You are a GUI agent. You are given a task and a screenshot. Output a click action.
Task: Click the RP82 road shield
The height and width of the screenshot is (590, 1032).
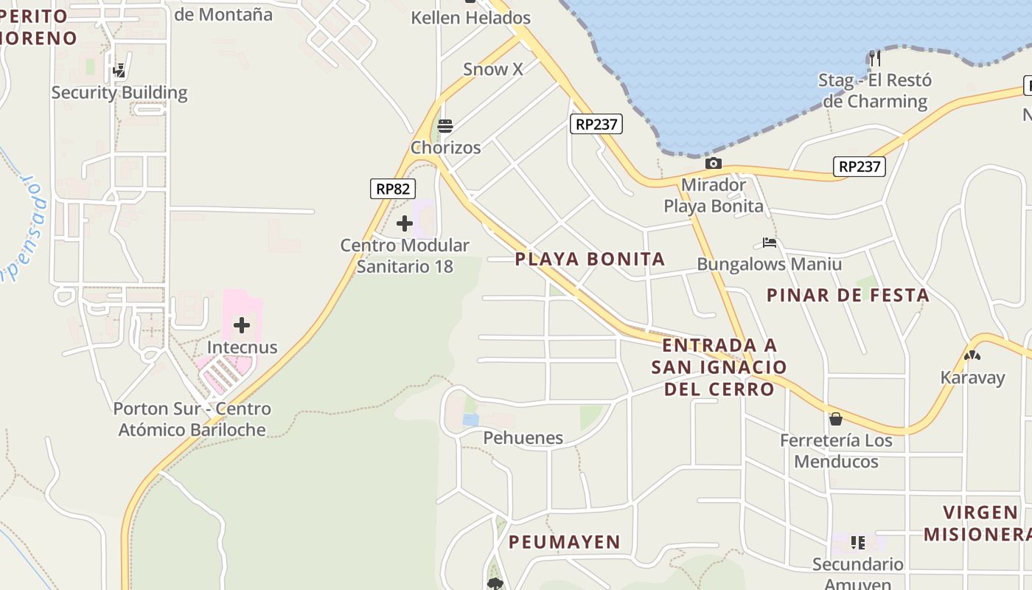(x=393, y=189)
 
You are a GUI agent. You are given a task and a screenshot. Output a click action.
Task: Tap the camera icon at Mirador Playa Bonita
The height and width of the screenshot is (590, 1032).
(x=713, y=163)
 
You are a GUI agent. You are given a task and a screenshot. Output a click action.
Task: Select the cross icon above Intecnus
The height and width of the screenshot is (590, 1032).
(x=242, y=325)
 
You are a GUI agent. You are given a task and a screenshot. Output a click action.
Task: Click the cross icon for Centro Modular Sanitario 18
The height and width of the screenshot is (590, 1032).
(x=405, y=223)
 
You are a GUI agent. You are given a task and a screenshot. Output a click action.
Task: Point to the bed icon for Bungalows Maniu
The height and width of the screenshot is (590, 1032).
(x=770, y=243)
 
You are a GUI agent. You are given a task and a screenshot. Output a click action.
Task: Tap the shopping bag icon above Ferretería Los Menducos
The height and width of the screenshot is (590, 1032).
(x=836, y=419)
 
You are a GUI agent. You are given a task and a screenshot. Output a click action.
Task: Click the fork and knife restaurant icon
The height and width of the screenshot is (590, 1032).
(x=874, y=58)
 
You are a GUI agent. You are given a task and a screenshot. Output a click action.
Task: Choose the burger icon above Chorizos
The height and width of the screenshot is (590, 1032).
(x=445, y=126)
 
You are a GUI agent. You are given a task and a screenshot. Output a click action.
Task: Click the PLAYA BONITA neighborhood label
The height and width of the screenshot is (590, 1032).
(x=590, y=259)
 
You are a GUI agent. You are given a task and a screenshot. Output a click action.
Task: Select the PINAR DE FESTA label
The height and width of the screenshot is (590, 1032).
(x=848, y=296)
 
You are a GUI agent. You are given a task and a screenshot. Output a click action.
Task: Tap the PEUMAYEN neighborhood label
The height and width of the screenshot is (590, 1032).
(x=565, y=542)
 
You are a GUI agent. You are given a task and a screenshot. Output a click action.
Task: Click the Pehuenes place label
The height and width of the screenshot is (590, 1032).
(x=523, y=438)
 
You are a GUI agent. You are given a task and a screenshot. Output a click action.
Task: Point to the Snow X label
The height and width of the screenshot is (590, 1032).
(x=493, y=69)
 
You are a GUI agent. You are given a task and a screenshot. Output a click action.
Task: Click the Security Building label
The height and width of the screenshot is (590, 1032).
(x=119, y=93)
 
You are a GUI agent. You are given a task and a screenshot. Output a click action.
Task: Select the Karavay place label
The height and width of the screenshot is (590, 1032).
(x=972, y=378)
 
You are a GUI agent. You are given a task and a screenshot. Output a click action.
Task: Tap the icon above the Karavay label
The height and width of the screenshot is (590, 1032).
(x=972, y=355)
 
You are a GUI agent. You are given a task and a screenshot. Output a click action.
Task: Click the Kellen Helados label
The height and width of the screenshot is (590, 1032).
(x=471, y=18)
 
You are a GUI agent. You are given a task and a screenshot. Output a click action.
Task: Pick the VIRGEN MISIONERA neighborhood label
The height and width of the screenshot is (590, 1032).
(x=977, y=523)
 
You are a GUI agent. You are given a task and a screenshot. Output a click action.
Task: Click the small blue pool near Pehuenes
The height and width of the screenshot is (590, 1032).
(x=470, y=420)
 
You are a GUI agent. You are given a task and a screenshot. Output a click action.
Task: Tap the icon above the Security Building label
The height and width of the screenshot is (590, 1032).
(x=119, y=71)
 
